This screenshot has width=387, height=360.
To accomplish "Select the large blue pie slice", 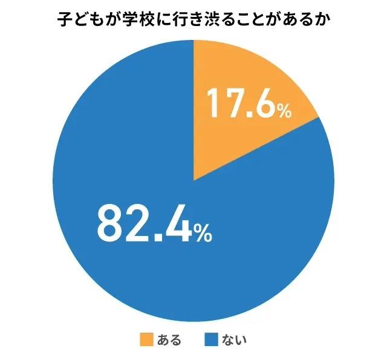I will click(151, 254).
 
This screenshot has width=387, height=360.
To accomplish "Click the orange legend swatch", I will click(146, 339).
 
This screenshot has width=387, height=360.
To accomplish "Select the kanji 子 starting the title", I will click(63, 21).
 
